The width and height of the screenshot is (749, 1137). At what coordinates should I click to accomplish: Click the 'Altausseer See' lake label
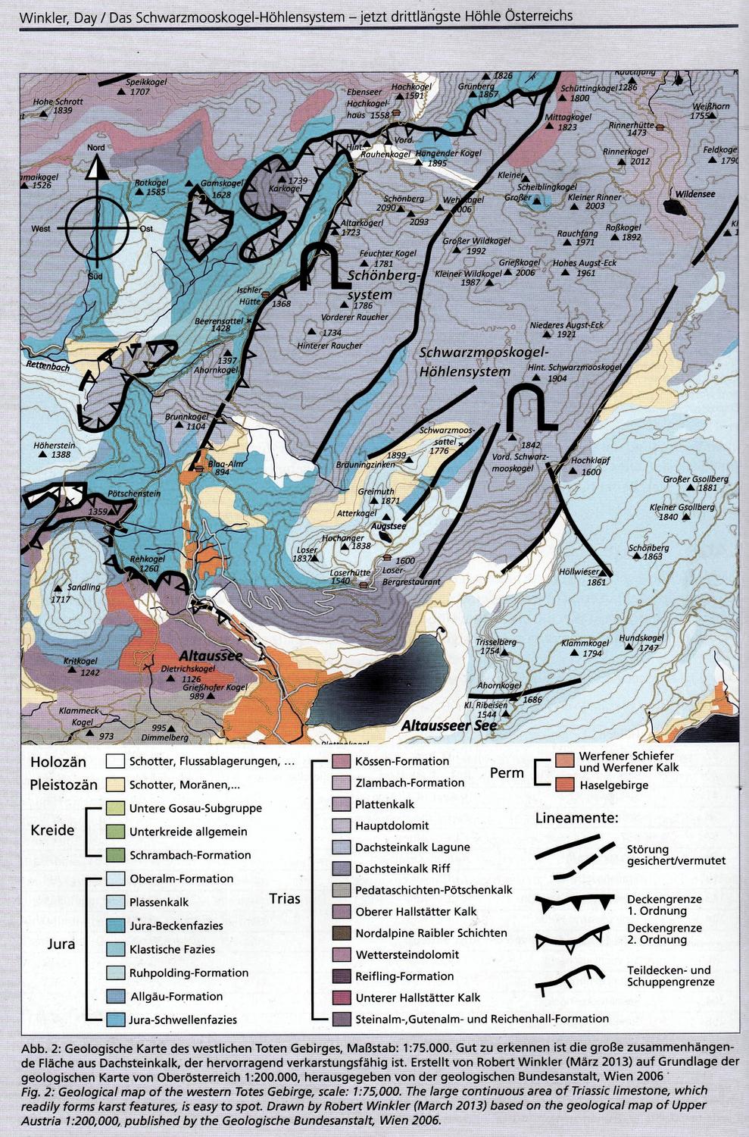[448, 725]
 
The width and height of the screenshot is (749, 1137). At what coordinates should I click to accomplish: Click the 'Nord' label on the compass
[96, 148]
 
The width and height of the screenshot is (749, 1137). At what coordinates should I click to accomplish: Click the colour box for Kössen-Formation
[342, 761]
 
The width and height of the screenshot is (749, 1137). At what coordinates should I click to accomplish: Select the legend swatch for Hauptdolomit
[342, 825]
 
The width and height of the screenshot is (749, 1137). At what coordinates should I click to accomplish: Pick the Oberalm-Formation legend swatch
[115, 879]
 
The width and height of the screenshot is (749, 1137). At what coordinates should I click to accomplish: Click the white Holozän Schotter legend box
[115, 761]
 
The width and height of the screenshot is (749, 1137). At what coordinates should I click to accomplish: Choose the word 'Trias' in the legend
[285, 899]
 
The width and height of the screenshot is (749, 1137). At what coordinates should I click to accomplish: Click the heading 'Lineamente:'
[577, 818]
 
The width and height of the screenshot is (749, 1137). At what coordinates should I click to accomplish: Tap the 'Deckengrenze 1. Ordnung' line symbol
[573, 904]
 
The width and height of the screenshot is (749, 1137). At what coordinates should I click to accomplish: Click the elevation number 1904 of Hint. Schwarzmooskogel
[557, 378]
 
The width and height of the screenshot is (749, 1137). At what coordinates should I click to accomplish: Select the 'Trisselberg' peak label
[496, 642]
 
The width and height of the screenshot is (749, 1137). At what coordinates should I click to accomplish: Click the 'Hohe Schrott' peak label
[58, 101]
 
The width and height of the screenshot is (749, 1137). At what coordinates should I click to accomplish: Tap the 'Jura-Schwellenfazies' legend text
[183, 1020]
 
